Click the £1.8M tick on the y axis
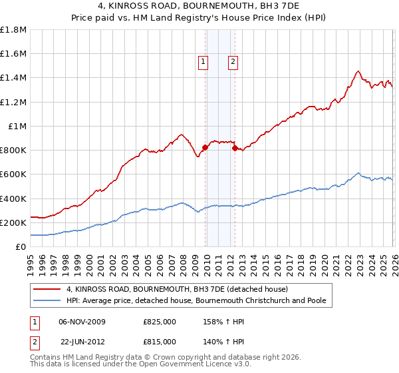coord(15,29)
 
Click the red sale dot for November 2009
coord(205,147)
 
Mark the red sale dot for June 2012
coord(235,149)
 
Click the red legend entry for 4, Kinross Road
coord(177,289)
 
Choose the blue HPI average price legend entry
coord(196,300)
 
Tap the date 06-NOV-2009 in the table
coord(83,322)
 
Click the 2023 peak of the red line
coord(358,71)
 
